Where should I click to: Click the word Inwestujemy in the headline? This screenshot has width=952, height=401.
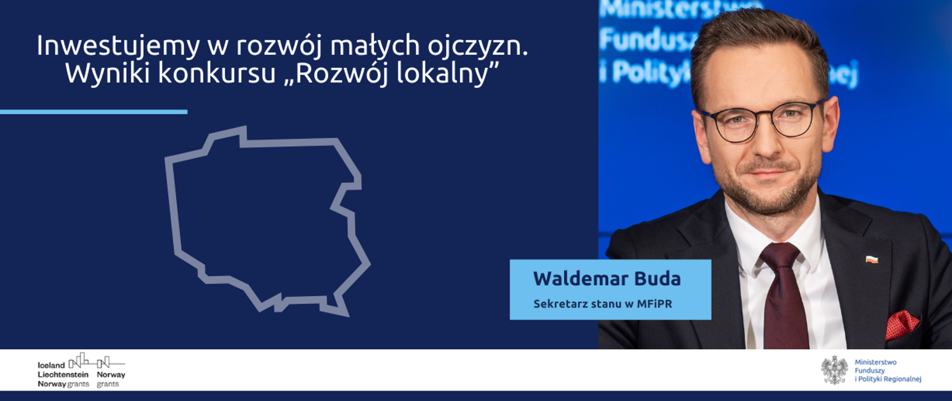coord(118,47)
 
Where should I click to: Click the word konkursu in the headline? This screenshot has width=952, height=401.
coord(217,74)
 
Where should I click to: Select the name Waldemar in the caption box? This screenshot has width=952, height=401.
coord(569,279)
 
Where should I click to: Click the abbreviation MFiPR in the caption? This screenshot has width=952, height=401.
coord(654,304)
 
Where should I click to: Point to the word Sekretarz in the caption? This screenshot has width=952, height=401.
coord(553,304)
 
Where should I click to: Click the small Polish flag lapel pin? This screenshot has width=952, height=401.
coord(872,259)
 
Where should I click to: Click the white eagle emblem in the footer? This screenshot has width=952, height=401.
coord(834,370)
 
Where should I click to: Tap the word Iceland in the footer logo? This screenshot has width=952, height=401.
coord(51,365)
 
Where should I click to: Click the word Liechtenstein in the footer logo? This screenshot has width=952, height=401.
coord(63,375)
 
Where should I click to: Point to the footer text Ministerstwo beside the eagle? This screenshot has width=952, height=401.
coord(876,362)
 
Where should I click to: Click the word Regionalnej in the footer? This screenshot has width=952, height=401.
coord(902,379)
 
